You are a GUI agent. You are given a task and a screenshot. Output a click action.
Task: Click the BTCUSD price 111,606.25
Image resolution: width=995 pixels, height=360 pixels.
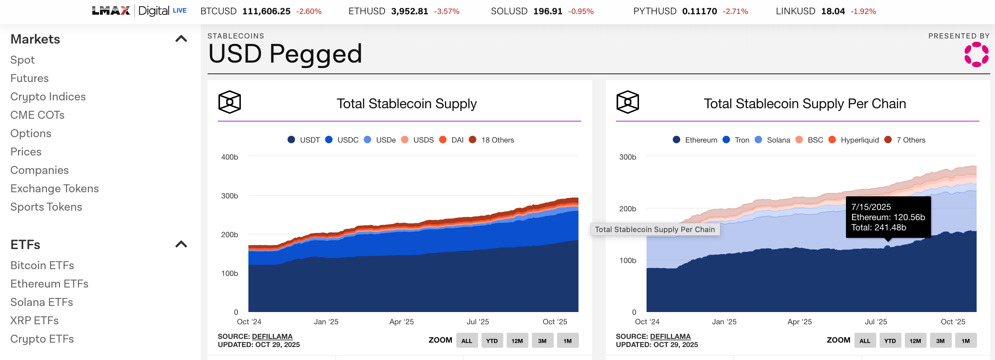pyautogui.click(x=266, y=11)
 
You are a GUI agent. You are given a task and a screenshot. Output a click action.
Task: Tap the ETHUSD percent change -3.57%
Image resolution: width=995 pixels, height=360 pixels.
pyautogui.click(x=446, y=12)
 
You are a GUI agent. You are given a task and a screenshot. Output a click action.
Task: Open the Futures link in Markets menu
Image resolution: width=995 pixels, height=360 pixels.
pyautogui.click(x=29, y=78)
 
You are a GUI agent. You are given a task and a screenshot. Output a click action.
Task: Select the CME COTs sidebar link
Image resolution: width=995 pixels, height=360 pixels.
pyautogui.click(x=37, y=115)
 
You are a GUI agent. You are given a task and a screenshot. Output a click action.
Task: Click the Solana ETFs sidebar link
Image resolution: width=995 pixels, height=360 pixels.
pyautogui.click(x=41, y=302)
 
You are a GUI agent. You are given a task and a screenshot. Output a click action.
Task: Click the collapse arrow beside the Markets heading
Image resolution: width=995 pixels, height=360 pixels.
pyautogui.click(x=181, y=39)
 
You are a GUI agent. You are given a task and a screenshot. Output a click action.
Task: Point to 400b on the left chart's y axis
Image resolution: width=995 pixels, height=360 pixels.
pyautogui.click(x=229, y=157)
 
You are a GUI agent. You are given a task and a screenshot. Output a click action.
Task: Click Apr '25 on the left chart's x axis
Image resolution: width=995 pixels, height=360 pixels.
pyautogui.click(x=401, y=322)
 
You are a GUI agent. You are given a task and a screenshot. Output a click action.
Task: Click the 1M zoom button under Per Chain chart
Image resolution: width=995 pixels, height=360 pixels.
pyautogui.click(x=965, y=341)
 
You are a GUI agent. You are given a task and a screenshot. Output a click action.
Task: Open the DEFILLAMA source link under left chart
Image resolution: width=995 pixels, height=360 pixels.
pyautogui.click(x=272, y=337)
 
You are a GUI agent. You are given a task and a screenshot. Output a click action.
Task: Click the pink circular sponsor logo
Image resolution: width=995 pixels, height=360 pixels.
pyautogui.click(x=976, y=54)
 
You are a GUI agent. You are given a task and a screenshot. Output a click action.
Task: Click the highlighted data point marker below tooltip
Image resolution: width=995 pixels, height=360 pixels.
pyautogui.click(x=887, y=247)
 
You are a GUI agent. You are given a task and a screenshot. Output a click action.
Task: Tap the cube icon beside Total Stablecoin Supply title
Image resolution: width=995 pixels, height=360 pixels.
pyautogui.click(x=229, y=102)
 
